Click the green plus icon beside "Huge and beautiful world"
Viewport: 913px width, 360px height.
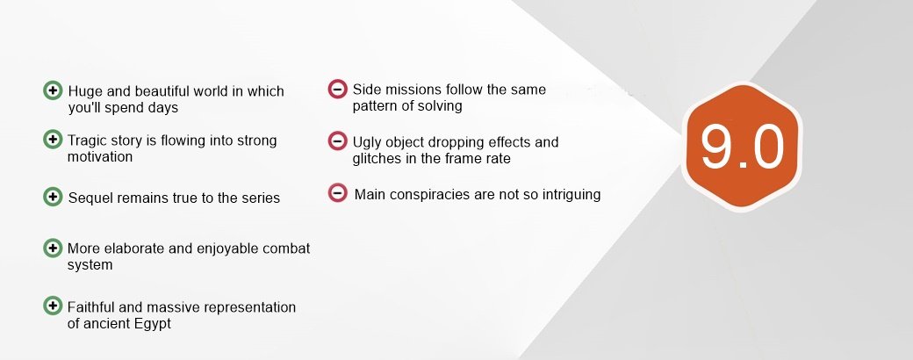point(53,90)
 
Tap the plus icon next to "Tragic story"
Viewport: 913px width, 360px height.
point(53,140)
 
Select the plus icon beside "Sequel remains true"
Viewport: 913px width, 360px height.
point(53,197)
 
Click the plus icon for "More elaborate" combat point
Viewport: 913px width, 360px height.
point(53,248)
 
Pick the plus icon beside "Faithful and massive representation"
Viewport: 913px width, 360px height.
point(53,306)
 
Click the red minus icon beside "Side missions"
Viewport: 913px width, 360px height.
point(338,90)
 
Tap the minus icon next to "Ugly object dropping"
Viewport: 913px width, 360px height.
point(338,141)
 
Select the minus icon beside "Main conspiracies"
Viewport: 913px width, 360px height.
point(338,193)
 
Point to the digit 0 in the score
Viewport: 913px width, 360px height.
point(767,147)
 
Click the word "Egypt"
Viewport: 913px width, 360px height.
point(153,325)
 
